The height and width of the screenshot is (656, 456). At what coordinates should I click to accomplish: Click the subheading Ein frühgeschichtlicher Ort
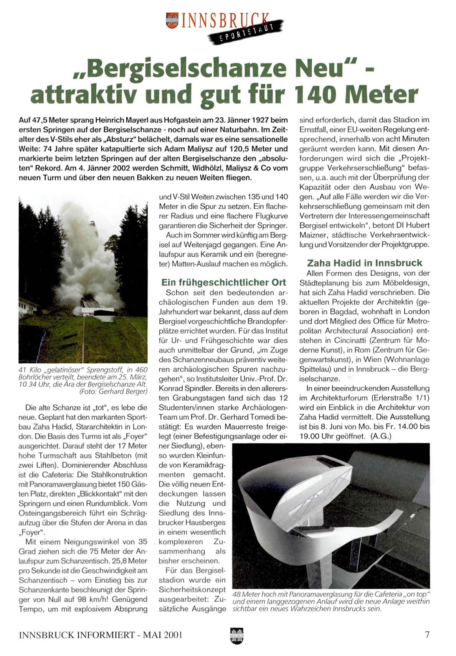224,283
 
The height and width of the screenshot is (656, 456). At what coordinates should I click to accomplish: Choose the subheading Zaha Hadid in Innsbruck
364,263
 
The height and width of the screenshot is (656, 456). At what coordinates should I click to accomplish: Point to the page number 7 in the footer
427,635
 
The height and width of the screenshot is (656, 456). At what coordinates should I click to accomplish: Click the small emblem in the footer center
236,635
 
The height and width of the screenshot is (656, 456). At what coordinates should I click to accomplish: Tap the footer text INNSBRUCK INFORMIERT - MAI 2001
100,635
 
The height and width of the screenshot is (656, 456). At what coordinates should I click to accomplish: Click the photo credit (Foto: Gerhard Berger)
113,392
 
